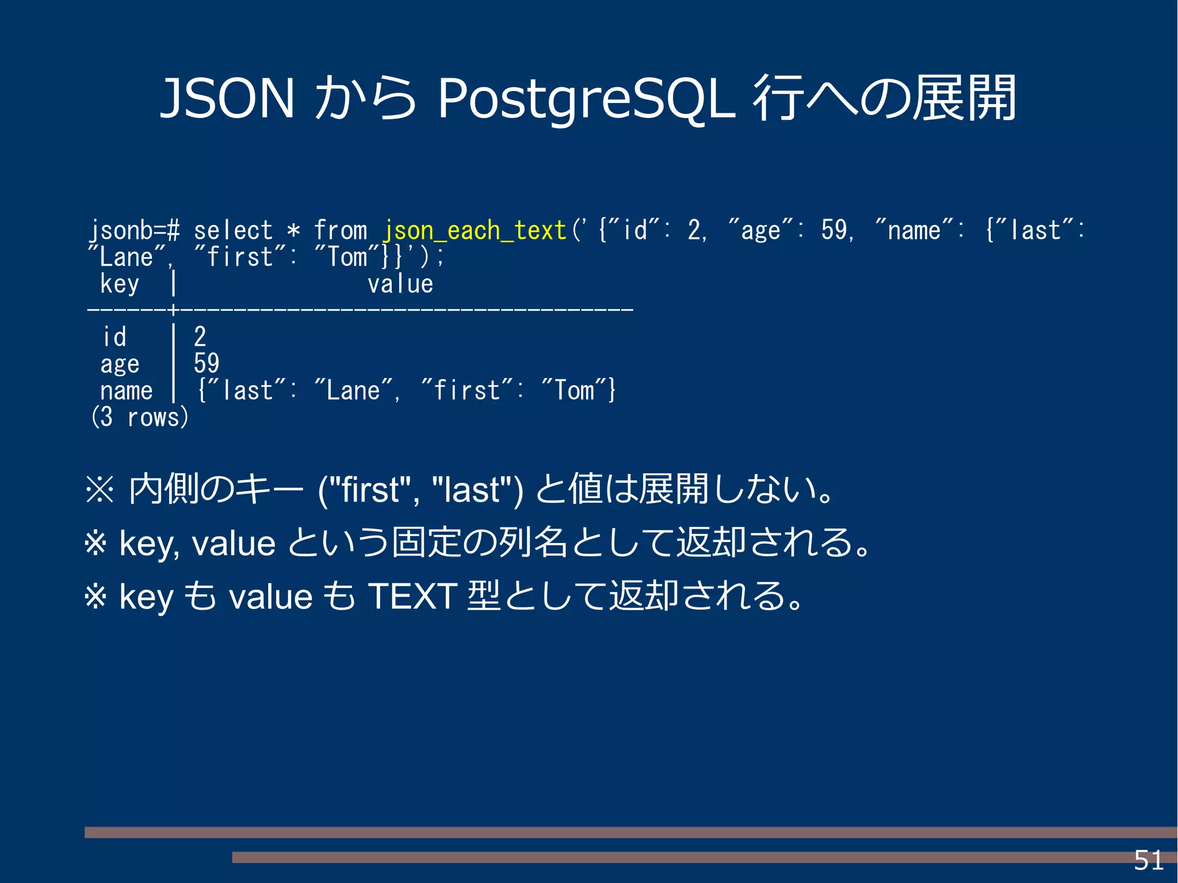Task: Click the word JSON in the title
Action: (227, 98)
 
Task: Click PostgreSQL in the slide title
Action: (586, 100)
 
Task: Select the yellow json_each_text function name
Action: (475, 231)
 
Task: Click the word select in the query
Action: (233, 231)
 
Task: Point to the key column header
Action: (120, 284)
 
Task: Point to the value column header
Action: (400, 284)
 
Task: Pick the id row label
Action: (114, 337)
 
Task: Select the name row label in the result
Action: (127, 391)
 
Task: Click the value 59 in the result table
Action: (206, 364)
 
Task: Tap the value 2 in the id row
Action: (200, 337)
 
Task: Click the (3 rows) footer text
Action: (140, 417)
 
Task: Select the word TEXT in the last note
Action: (412, 596)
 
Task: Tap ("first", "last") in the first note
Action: (420, 490)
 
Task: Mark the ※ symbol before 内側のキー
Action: (100, 490)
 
